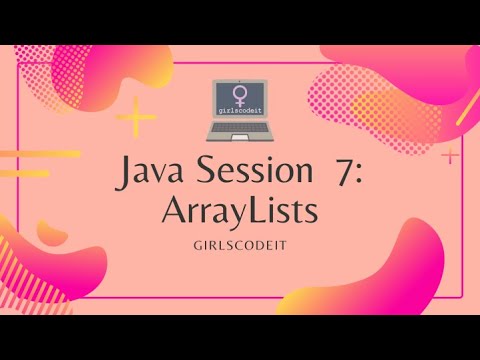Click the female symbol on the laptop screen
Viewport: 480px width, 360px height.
tap(240, 96)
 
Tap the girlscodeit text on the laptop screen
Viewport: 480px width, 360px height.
tap(240, 113)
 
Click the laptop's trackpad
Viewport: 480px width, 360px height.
tap(240, 136)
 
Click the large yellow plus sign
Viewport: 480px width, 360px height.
tap(136, 122)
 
